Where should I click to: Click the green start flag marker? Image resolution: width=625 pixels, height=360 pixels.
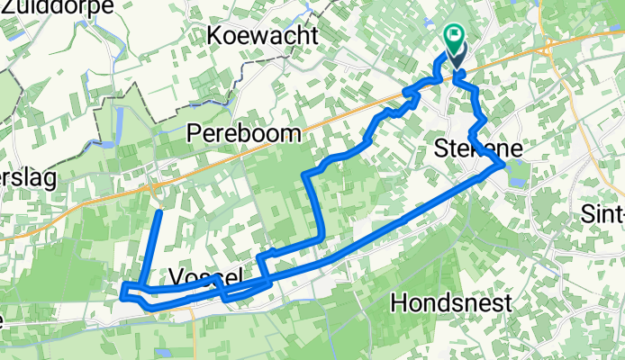coord(454,39)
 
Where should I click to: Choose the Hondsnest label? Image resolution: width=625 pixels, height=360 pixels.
coord(451,302)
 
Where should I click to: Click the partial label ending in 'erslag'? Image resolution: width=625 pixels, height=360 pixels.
coord(27,178)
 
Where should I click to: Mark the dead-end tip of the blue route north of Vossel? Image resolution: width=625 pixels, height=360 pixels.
coord(159,211)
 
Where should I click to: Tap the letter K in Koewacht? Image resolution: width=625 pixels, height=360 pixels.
coord(213,35)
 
